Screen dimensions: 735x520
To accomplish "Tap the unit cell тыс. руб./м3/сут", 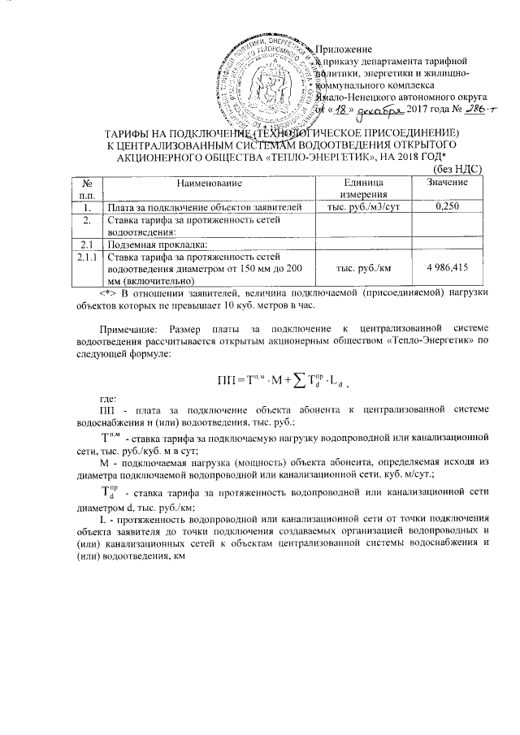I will click(x=362, y=208).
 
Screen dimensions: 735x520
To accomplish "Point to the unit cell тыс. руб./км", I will click(x=362, y=266).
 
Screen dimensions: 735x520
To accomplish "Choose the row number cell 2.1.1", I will click(x=82, y=257).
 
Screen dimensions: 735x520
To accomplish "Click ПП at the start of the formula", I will click(x=228, y=379).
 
